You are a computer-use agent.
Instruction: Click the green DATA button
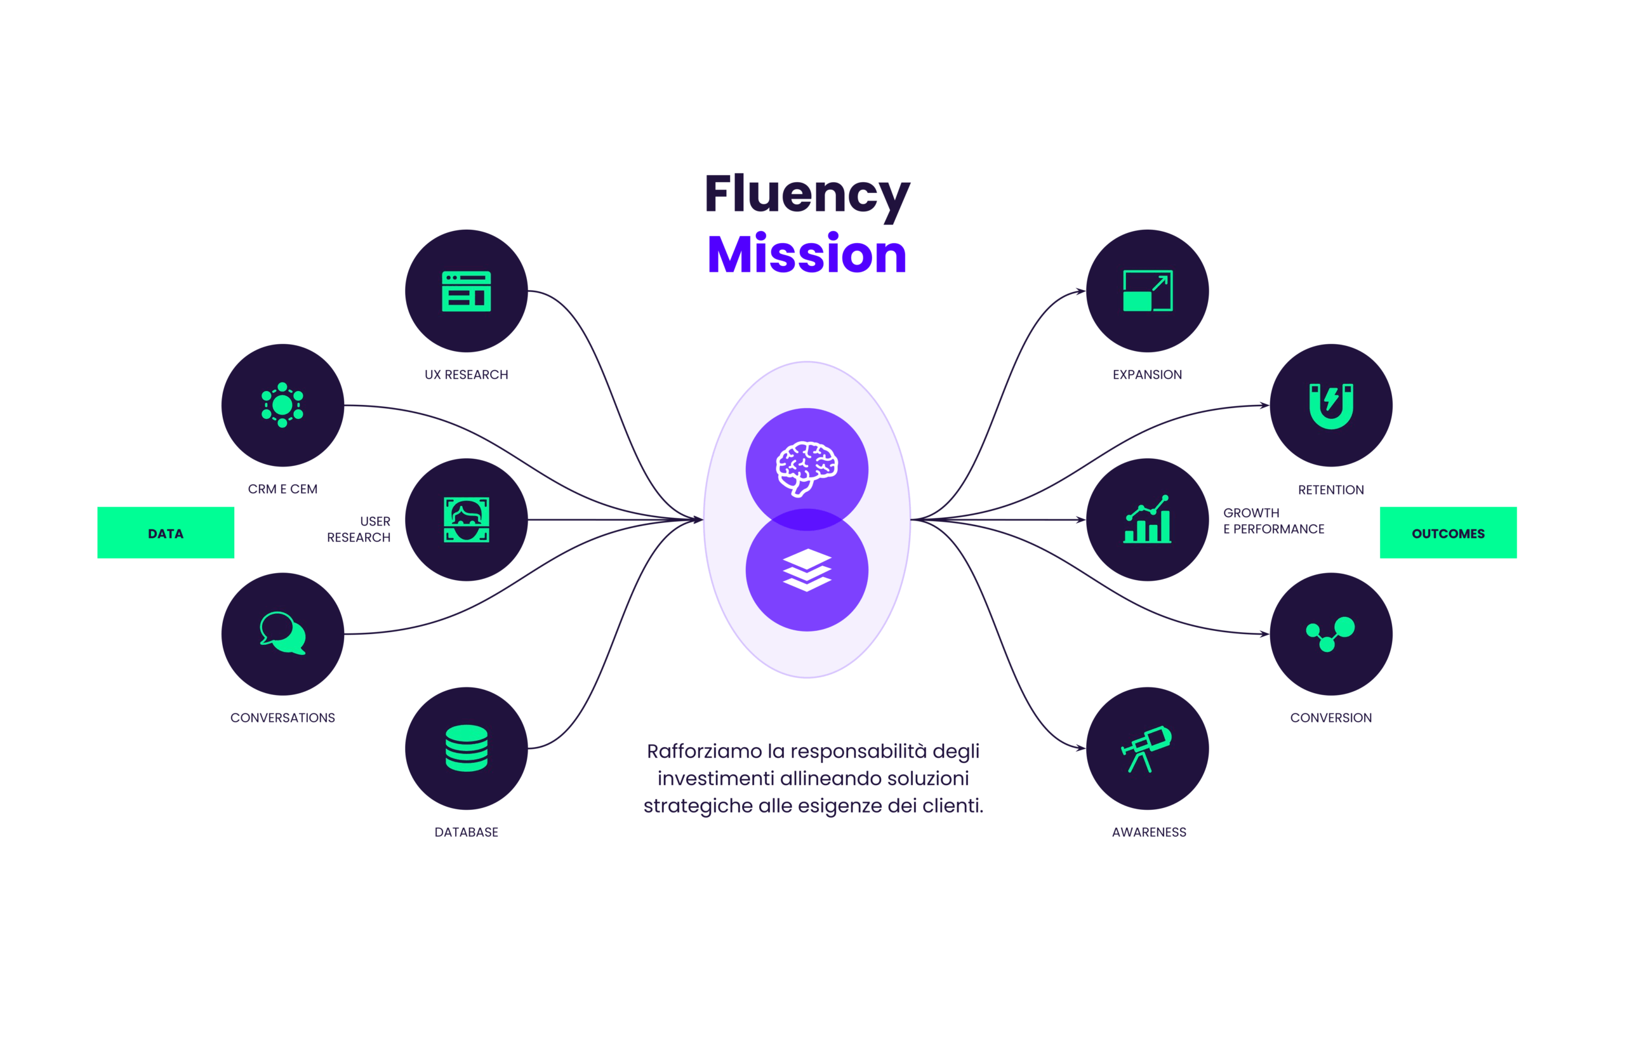pos(166,533)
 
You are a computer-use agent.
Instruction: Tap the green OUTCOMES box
pos(1447,533)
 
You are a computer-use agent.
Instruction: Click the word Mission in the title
pos(806,255)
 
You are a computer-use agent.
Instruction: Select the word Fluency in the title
pos(806,194)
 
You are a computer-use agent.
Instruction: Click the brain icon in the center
pos(806,467)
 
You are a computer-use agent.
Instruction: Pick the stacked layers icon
pos(806,570)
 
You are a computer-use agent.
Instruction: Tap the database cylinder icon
pos(466,748)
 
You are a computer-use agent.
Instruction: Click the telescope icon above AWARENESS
pos(1146,748)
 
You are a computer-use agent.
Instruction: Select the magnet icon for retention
pos(1330,406)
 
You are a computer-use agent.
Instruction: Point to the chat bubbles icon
pos(282,633)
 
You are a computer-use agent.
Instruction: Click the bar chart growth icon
pos(1147,520)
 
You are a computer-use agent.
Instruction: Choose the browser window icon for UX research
pos(466,291)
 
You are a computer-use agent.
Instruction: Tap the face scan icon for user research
pos(466,520)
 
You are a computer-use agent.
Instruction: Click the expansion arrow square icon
pos(1147,291)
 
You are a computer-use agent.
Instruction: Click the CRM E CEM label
pos(282,489)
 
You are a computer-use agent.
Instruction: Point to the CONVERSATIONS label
pos(282,718)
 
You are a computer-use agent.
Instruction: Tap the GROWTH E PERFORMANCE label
pos(1273,521)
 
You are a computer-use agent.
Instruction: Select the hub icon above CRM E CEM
pos(282,406)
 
